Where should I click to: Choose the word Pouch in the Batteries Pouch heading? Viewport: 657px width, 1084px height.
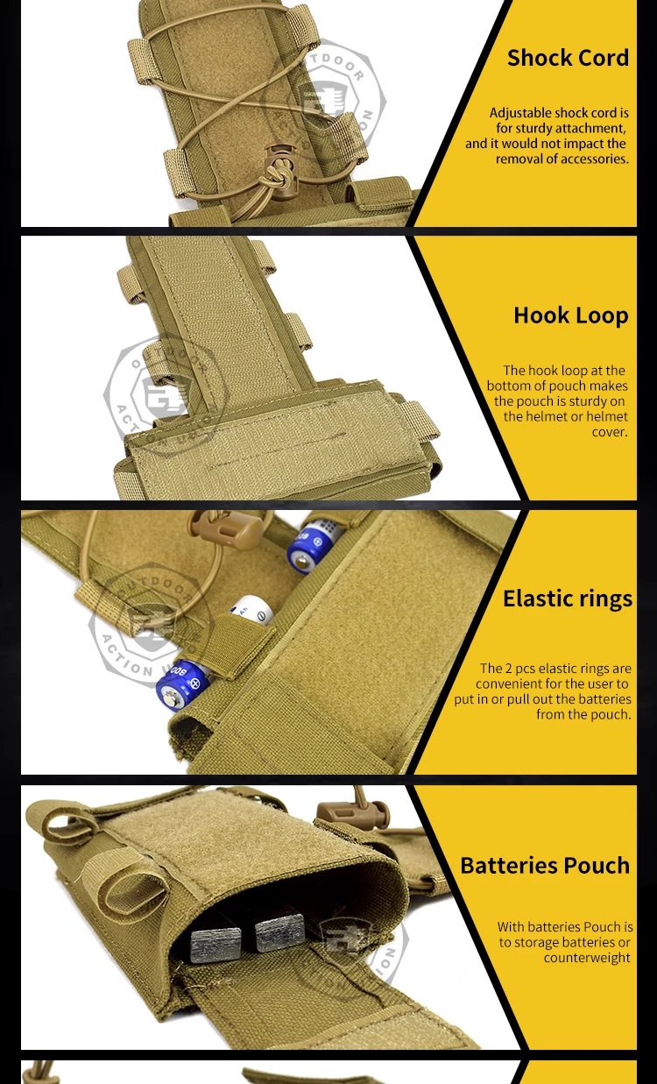coord(599,866)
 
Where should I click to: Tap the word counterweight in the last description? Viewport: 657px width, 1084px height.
coord(586,958)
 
